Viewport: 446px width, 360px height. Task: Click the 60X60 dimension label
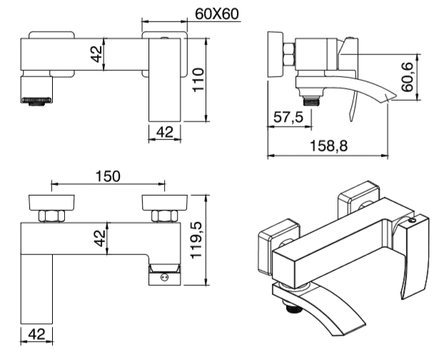pos(217,14)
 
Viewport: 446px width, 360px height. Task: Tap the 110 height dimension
pos(198,80)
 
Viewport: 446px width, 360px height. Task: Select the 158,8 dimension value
pos(328,146)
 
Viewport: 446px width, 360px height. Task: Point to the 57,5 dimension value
pos(288,117)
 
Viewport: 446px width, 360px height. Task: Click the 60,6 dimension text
pos(407,77)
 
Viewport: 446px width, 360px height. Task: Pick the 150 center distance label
pos(108,176)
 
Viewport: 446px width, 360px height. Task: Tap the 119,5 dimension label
pos(196,240)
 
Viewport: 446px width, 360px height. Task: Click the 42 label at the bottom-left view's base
pos(36,334)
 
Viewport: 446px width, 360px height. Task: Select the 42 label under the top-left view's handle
pos(165,132)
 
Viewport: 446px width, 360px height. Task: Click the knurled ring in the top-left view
pos(36,100)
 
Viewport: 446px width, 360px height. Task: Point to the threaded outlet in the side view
pos(310,101)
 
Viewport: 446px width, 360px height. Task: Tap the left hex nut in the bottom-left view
pos(51,216)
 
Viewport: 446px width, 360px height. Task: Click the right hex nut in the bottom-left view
pos(165,216)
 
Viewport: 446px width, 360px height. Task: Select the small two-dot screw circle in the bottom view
pos(164,277)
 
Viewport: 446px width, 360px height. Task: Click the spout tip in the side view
pos(392,97)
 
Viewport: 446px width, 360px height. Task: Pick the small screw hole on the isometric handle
pos(412,221)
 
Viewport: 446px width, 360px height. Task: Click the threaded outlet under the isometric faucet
pos(293,309)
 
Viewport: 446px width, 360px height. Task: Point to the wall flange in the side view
pos(275,54)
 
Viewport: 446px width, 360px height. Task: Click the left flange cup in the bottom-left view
pos(51,203)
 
